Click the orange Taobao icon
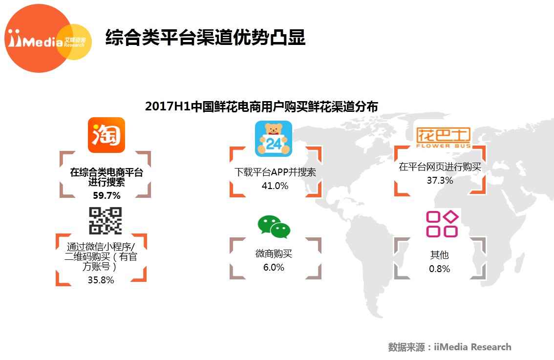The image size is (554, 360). point(107,135)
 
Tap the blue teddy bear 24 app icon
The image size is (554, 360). point(274,139)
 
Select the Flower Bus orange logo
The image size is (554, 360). point(443,138)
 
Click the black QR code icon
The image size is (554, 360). point(106,221)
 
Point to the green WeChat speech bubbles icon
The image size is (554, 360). point(274,227)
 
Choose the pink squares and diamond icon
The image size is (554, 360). point(442,224)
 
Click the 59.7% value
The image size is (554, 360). point(107,195)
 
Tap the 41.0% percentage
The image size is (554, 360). point(275,186)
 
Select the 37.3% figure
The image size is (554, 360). point(440,180)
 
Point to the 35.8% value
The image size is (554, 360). point(101,280)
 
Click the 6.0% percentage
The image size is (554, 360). point(274,267)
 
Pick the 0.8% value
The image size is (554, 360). point(440,269)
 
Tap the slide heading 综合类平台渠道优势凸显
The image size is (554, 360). point(205,37)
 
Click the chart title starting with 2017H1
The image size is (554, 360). point(261,106)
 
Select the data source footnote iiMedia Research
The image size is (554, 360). point(450,347)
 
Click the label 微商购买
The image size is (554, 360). point(274,254)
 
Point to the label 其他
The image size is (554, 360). point(440,254)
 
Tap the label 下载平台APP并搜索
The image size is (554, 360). point(275,172)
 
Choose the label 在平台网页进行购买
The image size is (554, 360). point(440,167)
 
